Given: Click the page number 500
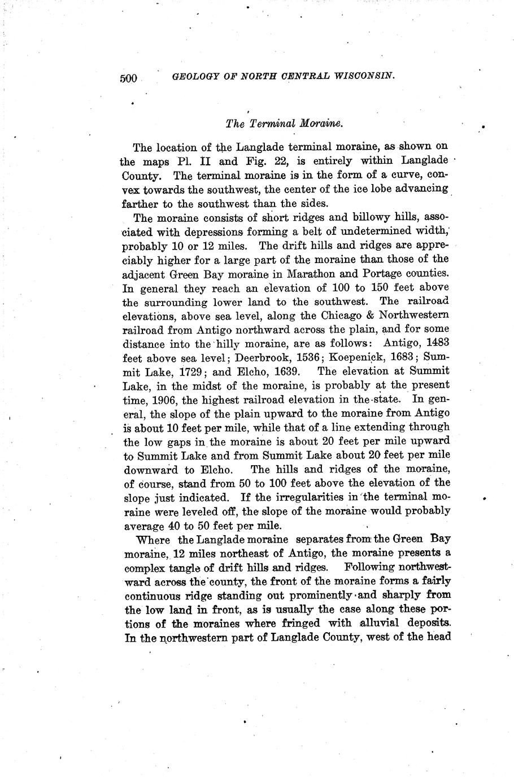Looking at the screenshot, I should [x=129, y=78].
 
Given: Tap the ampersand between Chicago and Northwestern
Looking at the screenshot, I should [x=371, y=316].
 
